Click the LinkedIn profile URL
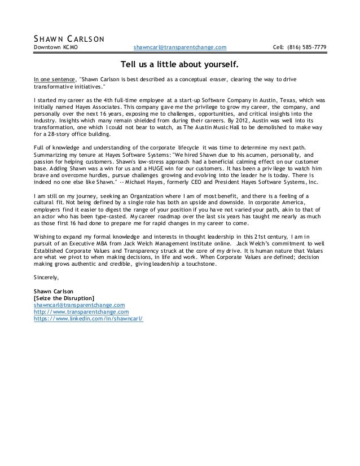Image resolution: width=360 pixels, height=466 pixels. tap(89, 318)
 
